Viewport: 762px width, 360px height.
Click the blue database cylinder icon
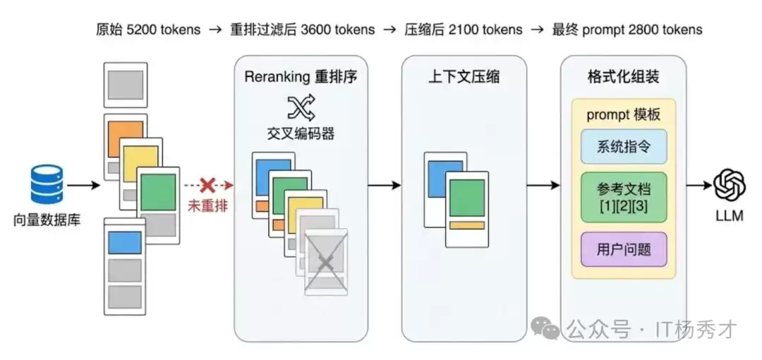[46, 184]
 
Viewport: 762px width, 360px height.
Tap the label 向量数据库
[47, 220]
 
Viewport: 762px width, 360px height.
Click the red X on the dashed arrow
[207, 186]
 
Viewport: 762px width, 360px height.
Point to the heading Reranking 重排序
[301, 76]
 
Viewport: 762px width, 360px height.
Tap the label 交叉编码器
[301, 133]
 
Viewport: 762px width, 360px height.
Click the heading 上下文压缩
[464, 76]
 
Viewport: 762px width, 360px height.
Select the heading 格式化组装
[623, 76]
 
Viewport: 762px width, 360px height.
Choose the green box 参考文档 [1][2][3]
[623, 197]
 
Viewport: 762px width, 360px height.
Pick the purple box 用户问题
[623, 248]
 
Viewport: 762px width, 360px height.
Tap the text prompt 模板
[623, 115]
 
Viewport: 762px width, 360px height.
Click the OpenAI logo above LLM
[730, 186]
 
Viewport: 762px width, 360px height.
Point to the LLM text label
[730, 216]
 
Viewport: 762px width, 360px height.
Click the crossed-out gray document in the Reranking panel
[326, 261]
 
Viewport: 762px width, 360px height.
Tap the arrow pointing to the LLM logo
[698, 186]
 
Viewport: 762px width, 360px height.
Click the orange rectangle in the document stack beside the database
[125, 138]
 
